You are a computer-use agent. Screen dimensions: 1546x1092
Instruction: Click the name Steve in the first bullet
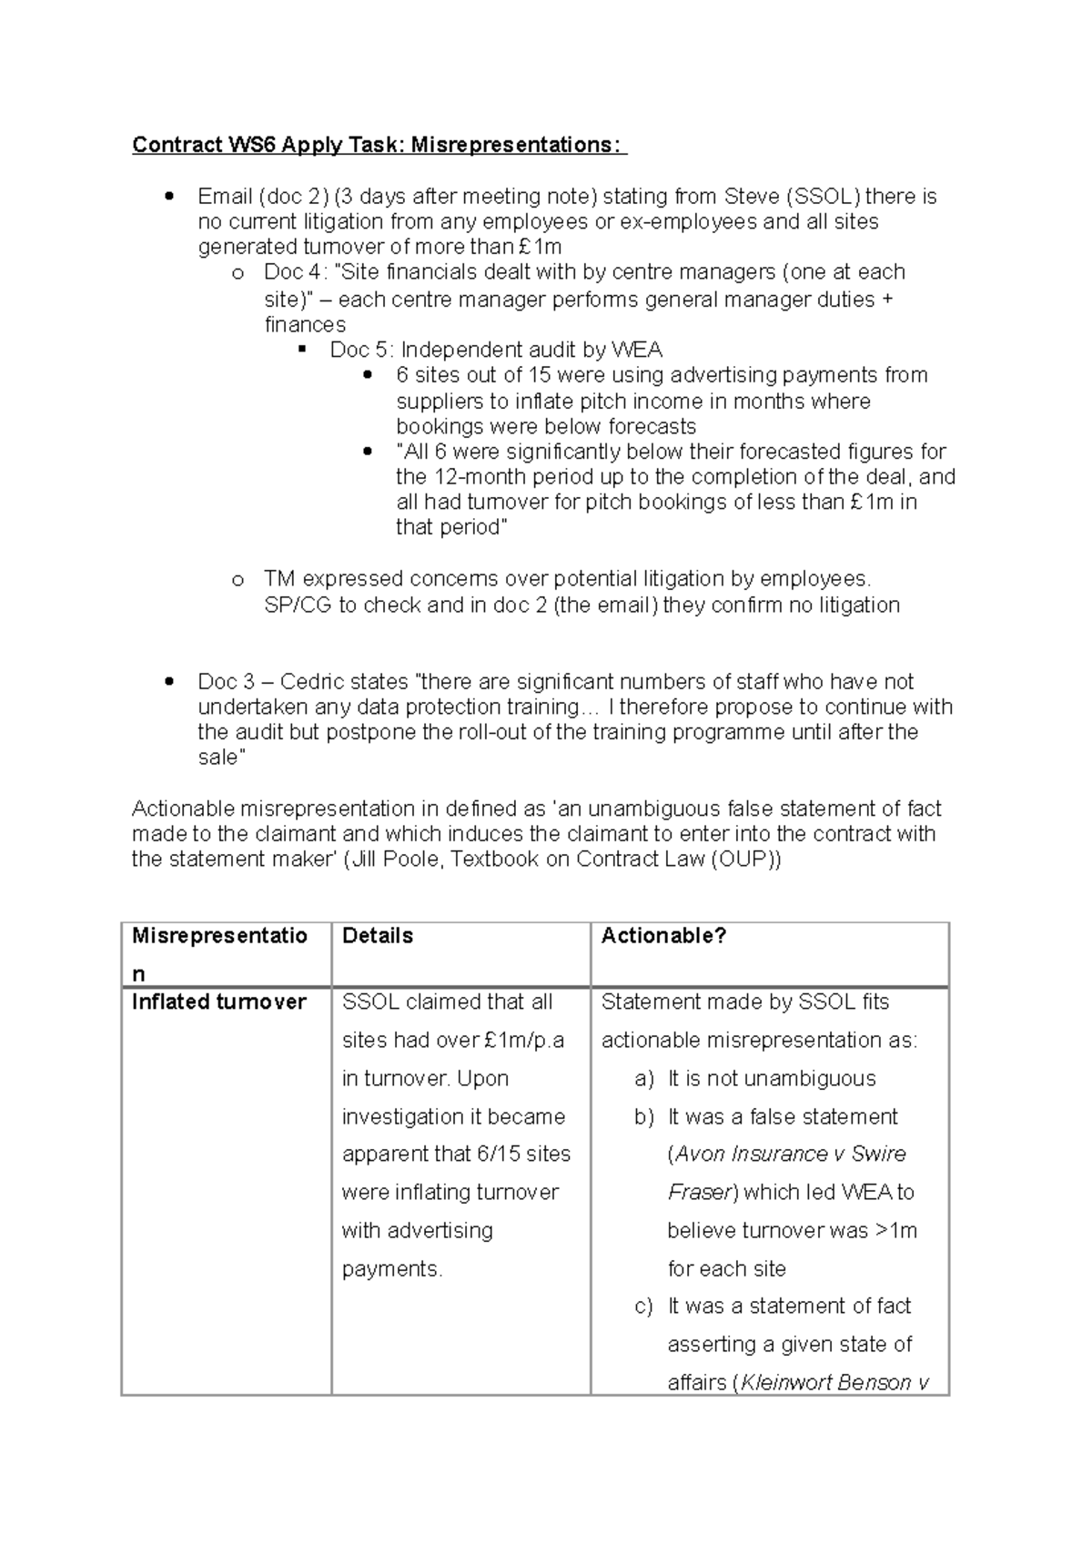(x=752, y=197)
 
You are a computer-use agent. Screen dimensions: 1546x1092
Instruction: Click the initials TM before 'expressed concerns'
(x=279, y=579)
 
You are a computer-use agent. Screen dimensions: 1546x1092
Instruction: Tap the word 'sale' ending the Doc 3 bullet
(x=218, y=758)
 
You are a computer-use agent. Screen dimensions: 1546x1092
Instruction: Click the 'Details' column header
(x=378, y=936)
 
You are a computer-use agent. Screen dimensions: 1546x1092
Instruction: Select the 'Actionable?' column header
(x=663, y=936)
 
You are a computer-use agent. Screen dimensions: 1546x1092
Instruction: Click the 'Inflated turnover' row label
(x=218, y=1002)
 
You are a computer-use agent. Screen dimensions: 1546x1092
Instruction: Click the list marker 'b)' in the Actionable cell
(x=643, y=1117)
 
